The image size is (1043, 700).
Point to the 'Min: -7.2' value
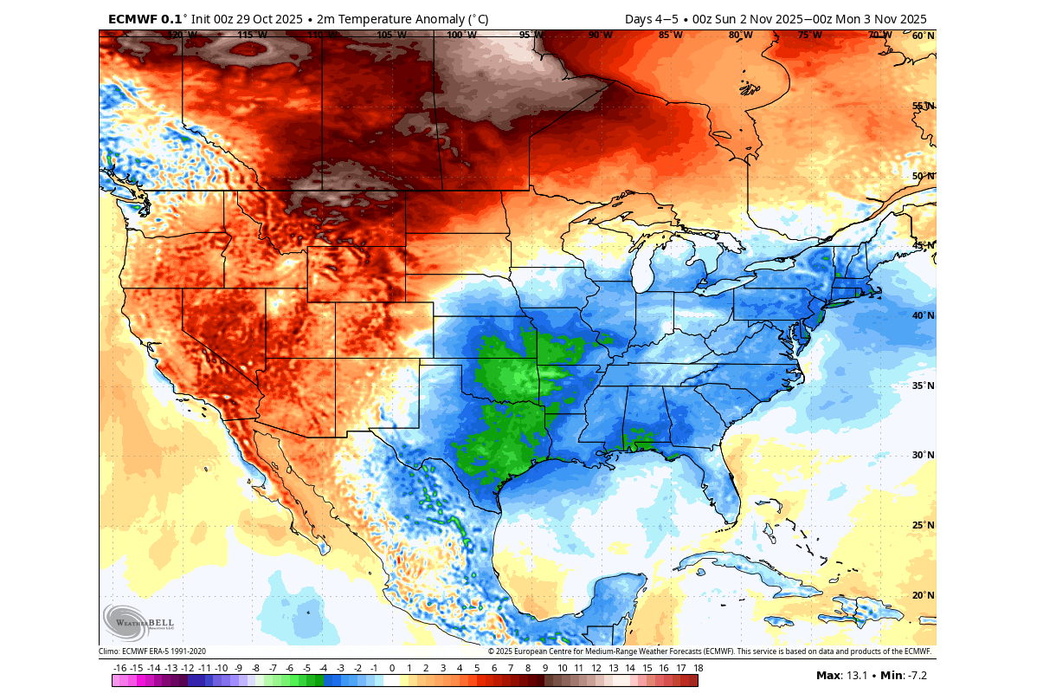[x=904, y=675]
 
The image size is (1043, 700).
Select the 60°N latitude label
[x=923, y=36]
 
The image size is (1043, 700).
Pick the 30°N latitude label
[x=923, y=455]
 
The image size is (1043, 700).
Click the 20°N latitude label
[x=923, y=595]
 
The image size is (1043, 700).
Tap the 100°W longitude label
[x=461, y=36]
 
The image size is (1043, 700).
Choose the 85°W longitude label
[x=670, y=36]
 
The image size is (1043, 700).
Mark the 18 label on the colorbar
[x=697, y=668]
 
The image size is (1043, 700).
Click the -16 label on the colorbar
[x=119, y=668]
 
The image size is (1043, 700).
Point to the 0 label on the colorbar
[x=391, y=668]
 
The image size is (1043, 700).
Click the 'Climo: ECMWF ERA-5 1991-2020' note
[x=152, y=651]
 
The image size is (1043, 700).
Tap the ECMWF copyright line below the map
[x=710, y=651]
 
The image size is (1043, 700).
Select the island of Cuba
[x=744, y=567]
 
